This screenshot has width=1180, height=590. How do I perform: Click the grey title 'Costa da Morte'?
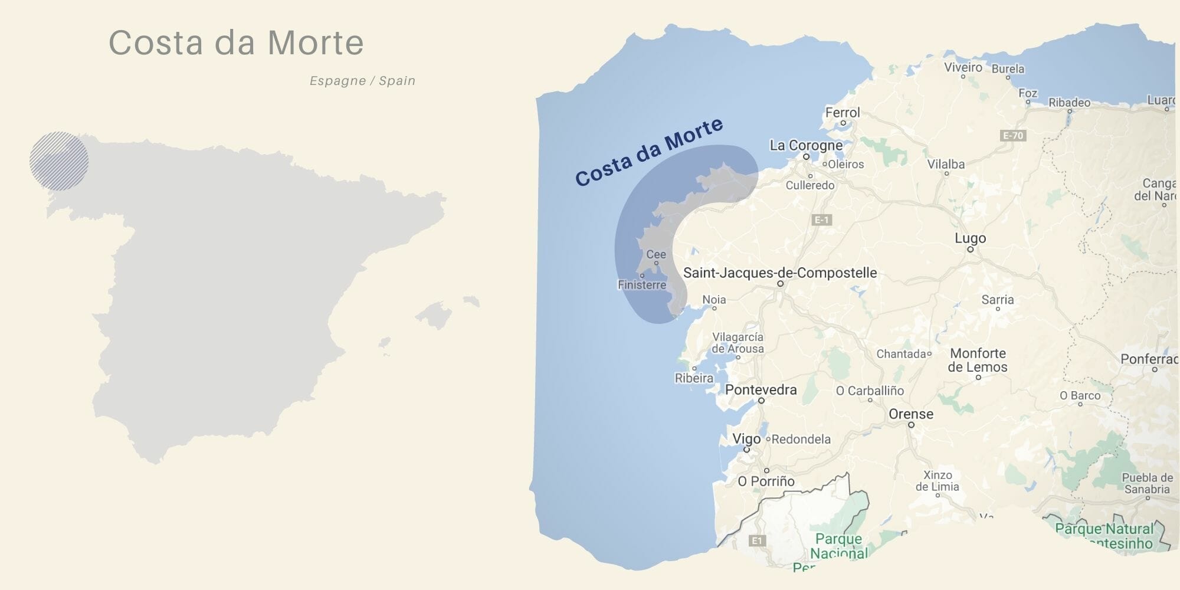pos(236,42)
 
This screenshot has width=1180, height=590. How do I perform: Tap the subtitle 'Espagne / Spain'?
pos(362,81)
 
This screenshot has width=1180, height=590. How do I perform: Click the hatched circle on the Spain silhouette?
pos(59,161)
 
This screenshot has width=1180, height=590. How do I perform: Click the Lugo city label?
pos(970,238)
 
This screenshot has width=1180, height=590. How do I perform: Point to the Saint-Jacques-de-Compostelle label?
pos(779,273)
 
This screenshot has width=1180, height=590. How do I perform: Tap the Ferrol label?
pos(842,113)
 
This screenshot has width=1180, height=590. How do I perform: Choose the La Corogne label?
pos(806,145)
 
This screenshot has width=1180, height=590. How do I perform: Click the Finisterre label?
pos(642,285)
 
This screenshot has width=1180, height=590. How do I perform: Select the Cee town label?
pos(655,254)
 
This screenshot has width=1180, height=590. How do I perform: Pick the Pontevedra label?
pos(761,389)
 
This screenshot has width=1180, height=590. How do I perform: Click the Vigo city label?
pos(746,439)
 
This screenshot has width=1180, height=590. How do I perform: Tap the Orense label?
pos(911,414)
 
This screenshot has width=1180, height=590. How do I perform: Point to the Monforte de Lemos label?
pos(978,360)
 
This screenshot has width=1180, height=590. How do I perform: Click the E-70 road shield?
pos(1014,136)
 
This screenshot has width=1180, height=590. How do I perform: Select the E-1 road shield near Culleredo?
pos(822,220)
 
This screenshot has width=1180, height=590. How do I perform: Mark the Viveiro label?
pos(963,67)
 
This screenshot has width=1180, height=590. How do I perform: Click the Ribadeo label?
pos(1069,103)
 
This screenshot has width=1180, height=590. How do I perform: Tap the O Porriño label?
pos(766,481)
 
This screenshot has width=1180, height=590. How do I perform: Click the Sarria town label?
pos(997,300)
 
